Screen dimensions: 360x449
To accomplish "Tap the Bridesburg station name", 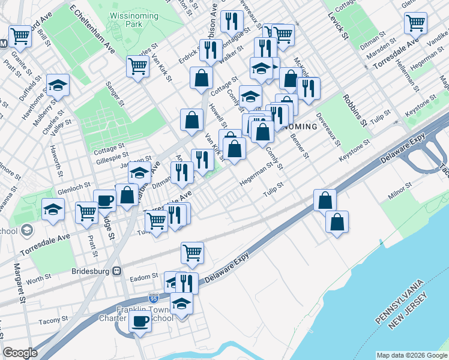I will click(x=92, y=271).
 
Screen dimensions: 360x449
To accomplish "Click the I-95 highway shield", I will click(x=154, y=298).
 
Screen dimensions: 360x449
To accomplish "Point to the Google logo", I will click(x=20, y=353).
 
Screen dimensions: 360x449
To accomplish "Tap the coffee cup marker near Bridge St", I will click(x=105, y=200).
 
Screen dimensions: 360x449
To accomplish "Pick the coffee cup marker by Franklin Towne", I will click(x=140, y=320).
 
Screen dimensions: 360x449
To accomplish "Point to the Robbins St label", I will click(x=354, y=109).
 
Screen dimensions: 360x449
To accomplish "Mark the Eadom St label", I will click(x=143, y=277).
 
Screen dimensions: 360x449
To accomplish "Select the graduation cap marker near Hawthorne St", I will click(x=58, y=85).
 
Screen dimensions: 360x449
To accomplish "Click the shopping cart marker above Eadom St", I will click(x=192, y=253).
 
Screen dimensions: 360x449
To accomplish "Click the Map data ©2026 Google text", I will click(x=412, y=355).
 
